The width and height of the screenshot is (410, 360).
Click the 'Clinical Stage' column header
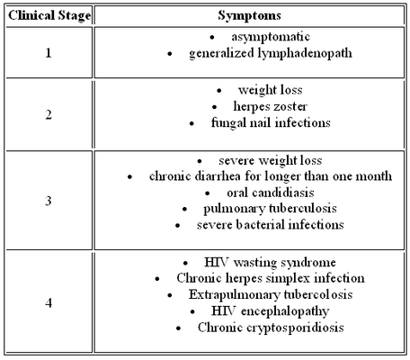(x=49, y=15)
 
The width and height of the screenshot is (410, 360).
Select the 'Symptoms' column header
(x=249, y=15)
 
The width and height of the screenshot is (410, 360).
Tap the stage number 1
(x=49, y=53)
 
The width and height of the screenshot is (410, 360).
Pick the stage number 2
(x=49, y=114)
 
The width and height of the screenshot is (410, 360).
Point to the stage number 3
(x=49, y=201)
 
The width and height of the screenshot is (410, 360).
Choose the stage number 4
(x=49, y=302)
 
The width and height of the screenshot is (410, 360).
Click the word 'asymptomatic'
(x=271, y=37)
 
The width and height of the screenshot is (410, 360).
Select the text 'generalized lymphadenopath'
(x=271, y=53)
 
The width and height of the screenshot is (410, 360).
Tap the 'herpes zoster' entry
(x=271, y=106)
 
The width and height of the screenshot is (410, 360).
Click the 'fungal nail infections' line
(x=271, y=123)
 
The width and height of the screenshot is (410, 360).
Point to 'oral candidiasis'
(x=271, y=193)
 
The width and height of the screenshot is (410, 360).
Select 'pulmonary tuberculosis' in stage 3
(x=270, y=209)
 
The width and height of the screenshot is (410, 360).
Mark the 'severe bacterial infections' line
(x=271, y=225)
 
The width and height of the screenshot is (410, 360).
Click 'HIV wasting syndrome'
(x=270, y=263)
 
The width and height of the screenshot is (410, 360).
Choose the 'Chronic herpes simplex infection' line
(x=271, y=278)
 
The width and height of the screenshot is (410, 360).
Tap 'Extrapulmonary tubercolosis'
(x=271, y=294)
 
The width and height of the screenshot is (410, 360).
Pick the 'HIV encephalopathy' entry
(x=271, y=311)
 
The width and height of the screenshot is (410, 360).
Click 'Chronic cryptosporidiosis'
(x=271, y=328)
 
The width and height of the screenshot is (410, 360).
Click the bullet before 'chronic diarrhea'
(x=129, y=177)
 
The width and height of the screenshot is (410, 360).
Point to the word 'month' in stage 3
(x=373, y=176)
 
